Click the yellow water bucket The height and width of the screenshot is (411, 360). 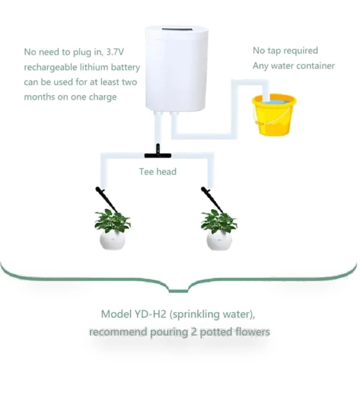coord(274,115)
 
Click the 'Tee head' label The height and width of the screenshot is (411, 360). coord(158,172)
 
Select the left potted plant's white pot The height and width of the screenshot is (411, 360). coord(112,240)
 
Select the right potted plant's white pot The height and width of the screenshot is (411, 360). coord(219,240)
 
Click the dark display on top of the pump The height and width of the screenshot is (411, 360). coord(177,29)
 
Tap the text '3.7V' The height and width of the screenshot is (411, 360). coord(115,52)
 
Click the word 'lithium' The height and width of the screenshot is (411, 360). coord(94,67)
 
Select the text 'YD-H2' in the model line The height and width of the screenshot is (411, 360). coord(150,314)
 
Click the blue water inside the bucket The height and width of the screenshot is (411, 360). coord(274,101)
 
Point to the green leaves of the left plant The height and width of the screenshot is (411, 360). coord(112,220)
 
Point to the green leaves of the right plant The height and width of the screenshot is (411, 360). coord(219,220)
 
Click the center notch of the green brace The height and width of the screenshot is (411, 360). coord(178,290)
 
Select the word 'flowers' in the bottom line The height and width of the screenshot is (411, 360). coord(253,332)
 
